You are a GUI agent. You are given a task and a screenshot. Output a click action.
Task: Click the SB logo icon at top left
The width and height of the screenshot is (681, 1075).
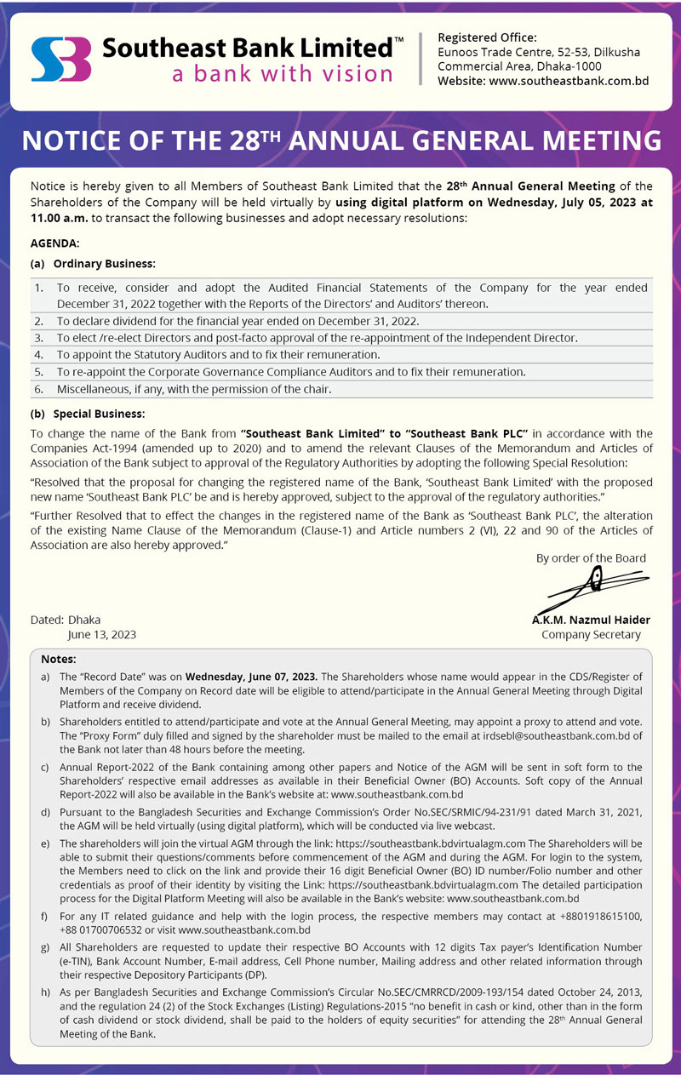point(60,59)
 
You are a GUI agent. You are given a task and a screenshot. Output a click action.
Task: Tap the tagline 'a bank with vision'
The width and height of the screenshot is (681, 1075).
point(282,74)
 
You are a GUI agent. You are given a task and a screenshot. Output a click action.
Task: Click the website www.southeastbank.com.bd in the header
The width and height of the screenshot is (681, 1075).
point(569,81)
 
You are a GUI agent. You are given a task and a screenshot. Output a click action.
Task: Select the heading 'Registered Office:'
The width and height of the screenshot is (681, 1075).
point(487,37)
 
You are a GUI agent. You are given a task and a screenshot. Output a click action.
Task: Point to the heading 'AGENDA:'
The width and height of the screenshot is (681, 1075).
point(54,243)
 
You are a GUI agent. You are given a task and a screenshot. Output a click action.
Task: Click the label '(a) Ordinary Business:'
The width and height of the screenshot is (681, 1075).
point(93,264)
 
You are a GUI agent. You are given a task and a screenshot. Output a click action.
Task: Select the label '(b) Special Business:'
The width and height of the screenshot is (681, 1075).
point(88,414)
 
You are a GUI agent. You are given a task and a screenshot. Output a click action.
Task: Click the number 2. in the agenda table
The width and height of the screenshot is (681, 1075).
point(39,321)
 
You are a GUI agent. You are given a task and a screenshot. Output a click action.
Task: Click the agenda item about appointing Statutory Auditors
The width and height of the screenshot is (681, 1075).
point(218,354)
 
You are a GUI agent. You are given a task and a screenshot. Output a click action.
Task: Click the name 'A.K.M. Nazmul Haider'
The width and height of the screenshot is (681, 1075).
point(591,620)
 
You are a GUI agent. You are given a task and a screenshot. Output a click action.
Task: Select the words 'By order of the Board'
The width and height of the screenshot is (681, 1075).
point(591,558)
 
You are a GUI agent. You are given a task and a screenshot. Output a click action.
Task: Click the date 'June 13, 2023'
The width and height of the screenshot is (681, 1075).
point(102,634)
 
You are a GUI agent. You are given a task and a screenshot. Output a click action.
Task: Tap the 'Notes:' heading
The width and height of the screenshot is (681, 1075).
point(58,659)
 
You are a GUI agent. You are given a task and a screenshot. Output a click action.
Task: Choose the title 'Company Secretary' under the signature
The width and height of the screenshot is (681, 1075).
point(591,634)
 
